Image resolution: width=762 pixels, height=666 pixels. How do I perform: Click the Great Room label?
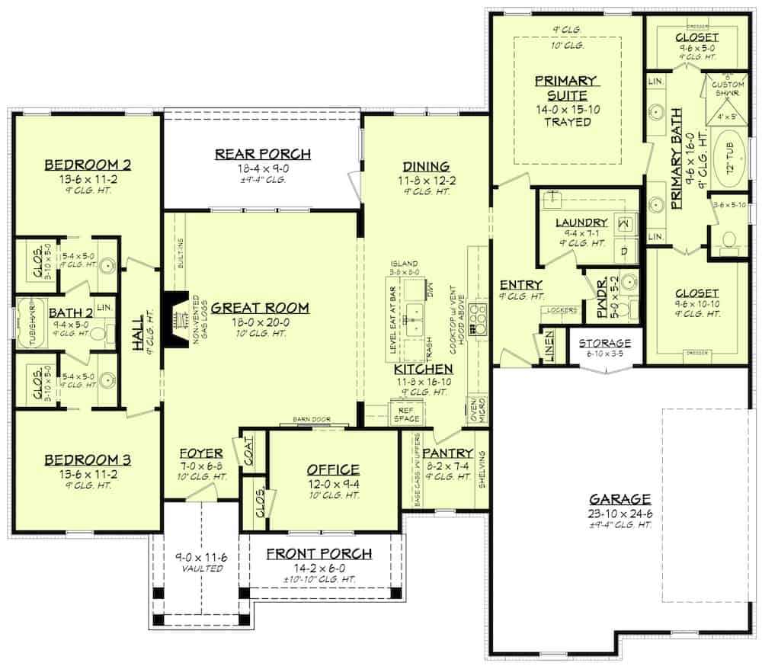pos(260,308)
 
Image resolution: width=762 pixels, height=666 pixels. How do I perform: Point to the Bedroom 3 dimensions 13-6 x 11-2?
pos(88,473)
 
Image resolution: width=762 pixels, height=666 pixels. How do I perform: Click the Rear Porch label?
pos(262,154)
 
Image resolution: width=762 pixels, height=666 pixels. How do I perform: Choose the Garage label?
pos(620,499)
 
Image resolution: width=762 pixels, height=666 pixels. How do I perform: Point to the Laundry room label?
pos(581,223)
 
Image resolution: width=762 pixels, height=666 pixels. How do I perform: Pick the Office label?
pos(333,469)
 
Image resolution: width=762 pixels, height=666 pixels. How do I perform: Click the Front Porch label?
pos(319,553)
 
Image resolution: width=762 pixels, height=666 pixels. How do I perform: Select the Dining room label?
pos(423,167)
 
